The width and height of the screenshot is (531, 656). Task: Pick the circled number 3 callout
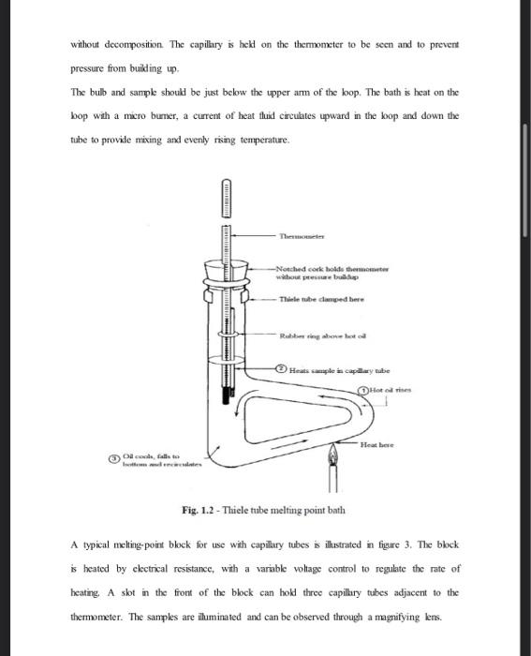coord(115,458)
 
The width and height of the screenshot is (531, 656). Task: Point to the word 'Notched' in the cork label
coord(292,268)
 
